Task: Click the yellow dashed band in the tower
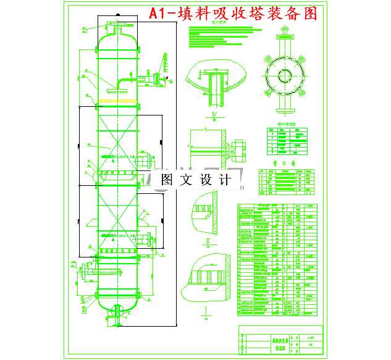click(115, 99)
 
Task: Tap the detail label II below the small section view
click(208, 238)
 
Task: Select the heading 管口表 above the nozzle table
click(282, 164)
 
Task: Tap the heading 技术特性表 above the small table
click(285, 123)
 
